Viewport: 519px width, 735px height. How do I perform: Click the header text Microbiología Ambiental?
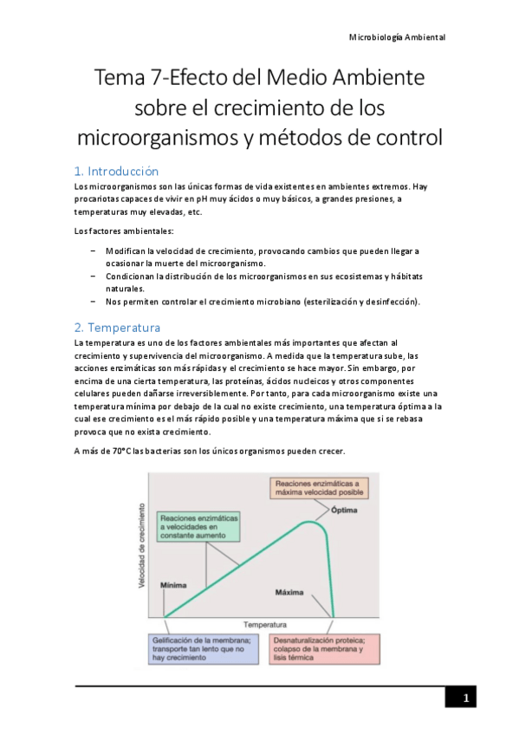pyautogui.click(x=397, y=38)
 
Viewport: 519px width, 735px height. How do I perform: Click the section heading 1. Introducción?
pyautogui.click(x=116, y=171)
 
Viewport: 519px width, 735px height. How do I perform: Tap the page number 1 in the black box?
pyautogui.click(x=465, y=699)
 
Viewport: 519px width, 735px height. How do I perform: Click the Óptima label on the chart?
pyautogui.click(x=344, y=510)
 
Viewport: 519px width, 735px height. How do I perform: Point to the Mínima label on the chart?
pyautogui.click(x=173, y=585)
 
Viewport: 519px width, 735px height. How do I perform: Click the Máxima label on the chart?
pyautogui.click(x=289, y=593)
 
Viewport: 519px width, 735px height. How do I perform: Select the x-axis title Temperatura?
pyautogui.click(x=265, y=624)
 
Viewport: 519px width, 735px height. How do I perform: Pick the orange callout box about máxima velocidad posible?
pyautogui.click(x=320, y=487)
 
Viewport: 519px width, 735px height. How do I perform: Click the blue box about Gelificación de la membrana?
pyautogui.click(x=204, y=648)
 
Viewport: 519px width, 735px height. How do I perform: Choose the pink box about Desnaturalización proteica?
pyautogui.click(x=324, y=648)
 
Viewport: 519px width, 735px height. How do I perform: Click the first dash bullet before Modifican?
pyautogui.click(x=93, y=250)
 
